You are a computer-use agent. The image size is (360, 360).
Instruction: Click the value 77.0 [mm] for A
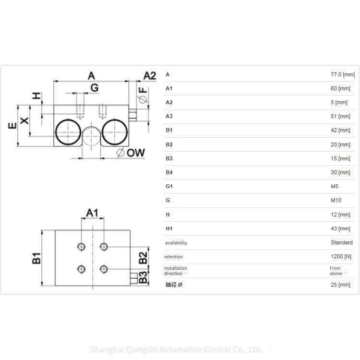click(342, 74)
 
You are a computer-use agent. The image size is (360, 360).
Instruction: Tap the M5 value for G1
click(334, 186)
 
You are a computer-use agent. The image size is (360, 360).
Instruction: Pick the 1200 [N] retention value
click(341, 257)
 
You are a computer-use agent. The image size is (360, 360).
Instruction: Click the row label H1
click(168, 228)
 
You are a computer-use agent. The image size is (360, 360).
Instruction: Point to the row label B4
click(169, 172)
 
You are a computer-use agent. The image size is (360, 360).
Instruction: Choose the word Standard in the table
click(341, 242)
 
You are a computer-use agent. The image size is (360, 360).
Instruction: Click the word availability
click(176, 243)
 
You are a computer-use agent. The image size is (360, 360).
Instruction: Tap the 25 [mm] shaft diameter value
click(341, 285)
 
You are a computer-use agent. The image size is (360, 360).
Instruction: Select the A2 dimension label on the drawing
click(150, 75)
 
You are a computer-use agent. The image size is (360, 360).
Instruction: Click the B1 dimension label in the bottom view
click(37, 258)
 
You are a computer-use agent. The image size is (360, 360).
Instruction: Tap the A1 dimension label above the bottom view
click(92, 213)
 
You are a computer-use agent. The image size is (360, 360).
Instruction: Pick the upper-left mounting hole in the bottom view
click(81, 247)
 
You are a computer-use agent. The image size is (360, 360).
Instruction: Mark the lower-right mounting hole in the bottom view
click(103, 268)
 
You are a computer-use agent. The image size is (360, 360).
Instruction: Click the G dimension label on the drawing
click(94, 88)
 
